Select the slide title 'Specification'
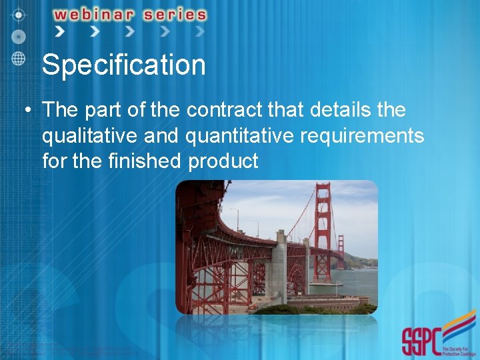(x=123, y=65)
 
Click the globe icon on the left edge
(x=19, y=58)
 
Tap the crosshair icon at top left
(x=19, y=13)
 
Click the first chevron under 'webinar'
(x=61, y=31)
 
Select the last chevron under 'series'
(x=199, y=31)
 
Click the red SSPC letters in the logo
(x=421, y=342)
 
